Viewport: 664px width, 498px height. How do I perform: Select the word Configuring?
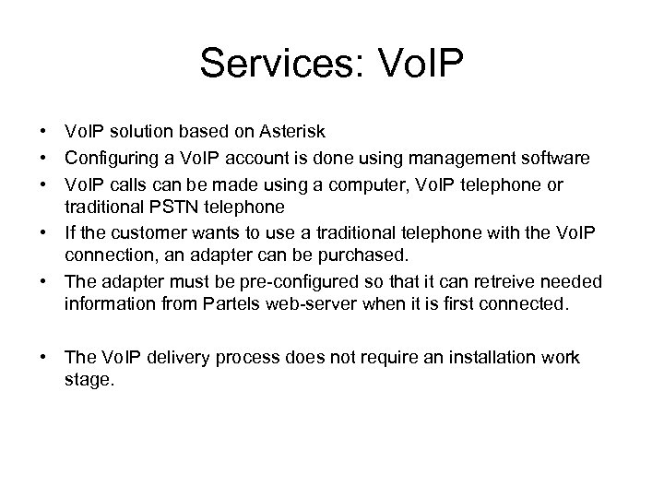coord(111,160)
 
